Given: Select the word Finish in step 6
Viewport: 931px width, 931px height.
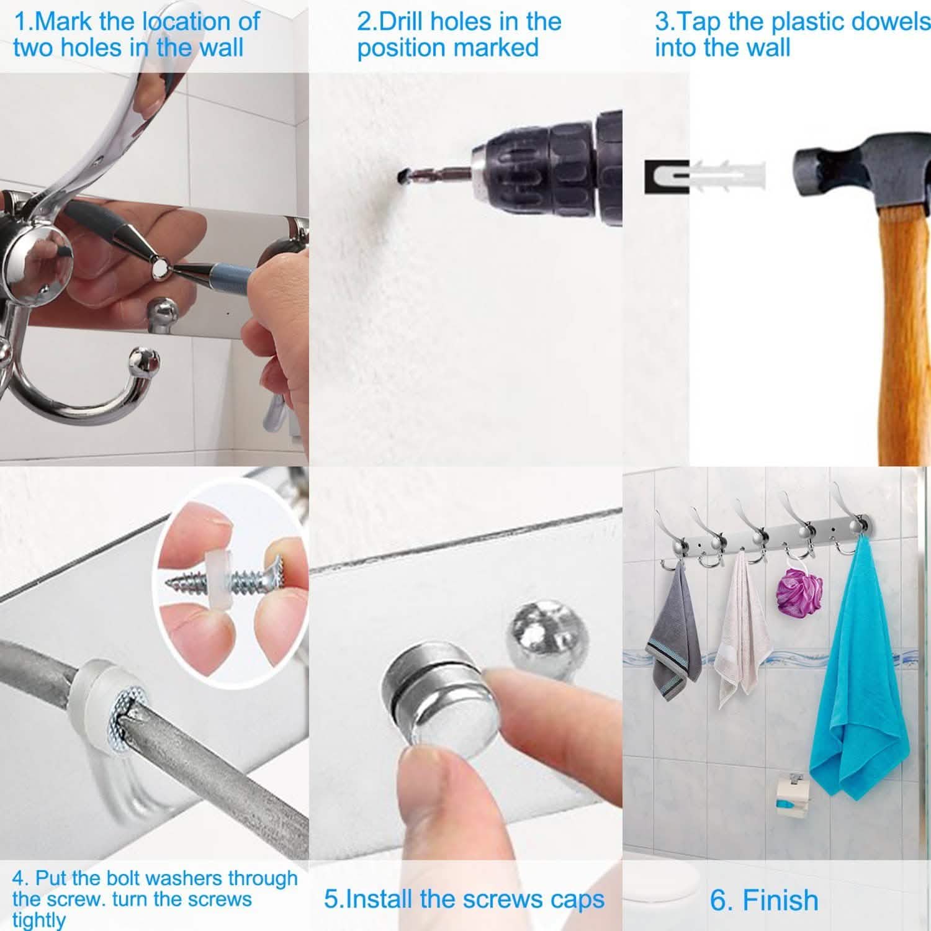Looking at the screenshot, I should [x=780, y=900].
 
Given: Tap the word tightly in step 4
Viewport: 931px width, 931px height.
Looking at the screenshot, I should [x=38, y=920].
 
